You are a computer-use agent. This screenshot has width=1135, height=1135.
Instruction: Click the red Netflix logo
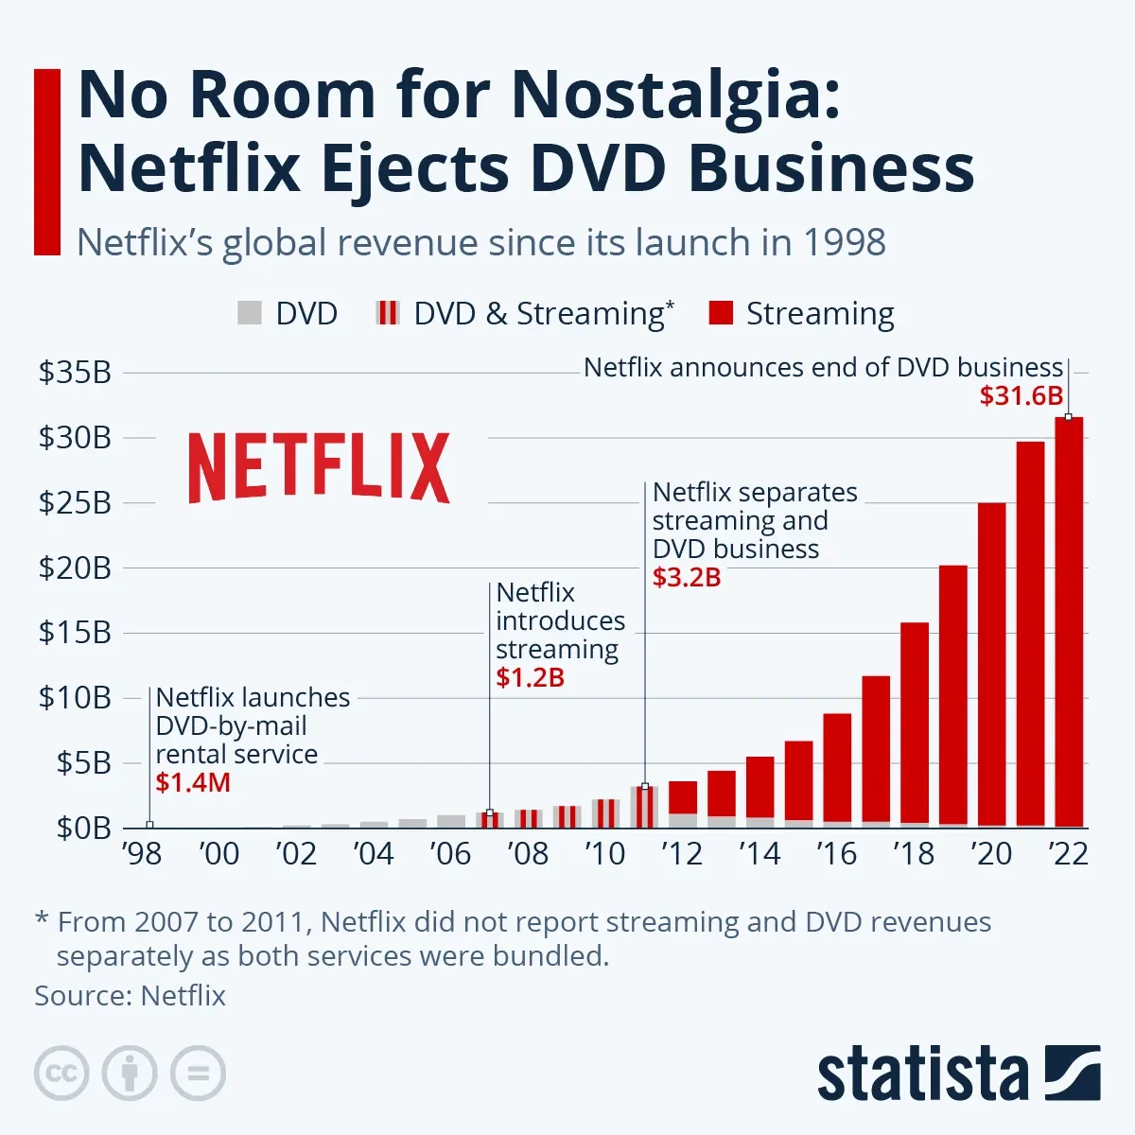(x=319, y=467)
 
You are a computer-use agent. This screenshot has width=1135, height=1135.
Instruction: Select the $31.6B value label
(x=1021, y=396)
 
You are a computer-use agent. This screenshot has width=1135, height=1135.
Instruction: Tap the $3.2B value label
(x=687, y=577)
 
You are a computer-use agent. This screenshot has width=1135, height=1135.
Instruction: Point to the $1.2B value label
(x=530, y=677)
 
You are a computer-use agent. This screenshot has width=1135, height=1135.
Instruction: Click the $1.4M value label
(x=193, y=782)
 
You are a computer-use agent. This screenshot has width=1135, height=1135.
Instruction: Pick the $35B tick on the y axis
(x=75, y=373)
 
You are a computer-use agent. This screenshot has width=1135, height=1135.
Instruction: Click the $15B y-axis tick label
(x=75, y=632)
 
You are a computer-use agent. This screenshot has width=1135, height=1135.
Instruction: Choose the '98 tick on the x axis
(x=142, y=854)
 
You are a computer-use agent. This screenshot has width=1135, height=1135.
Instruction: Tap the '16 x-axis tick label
(x=837, y=854)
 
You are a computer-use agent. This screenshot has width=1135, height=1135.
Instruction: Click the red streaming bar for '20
(x=991, y=662)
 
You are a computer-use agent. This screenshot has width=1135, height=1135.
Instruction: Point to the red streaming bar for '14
(x=760, y=787)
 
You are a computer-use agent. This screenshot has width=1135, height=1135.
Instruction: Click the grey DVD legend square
(x=249, y=313)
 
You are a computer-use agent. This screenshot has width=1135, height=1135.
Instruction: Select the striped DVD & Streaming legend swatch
(x=388, y=313)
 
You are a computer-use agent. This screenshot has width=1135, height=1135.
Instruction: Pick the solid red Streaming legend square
(x=721, y=313)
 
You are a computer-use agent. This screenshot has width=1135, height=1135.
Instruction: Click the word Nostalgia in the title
(x=675, y=96)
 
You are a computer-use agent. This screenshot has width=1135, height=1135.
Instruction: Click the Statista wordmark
(x=922, y=1074)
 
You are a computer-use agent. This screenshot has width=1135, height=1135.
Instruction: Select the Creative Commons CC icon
(x=61, y=1074)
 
